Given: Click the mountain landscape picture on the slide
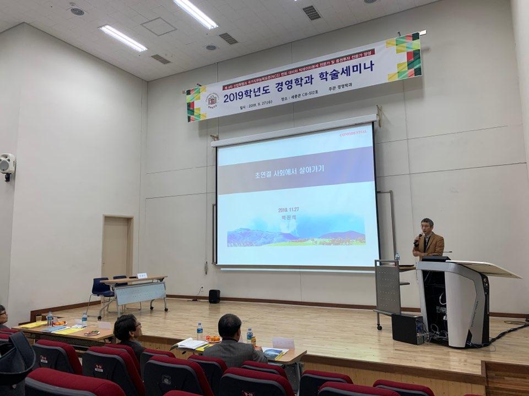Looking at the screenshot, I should (296, 234).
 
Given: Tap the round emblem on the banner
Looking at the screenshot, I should (212, 100).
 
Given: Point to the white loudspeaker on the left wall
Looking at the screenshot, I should (7, 164).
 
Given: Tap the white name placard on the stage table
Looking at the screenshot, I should (142, 275).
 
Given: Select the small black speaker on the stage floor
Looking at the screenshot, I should (214, 296).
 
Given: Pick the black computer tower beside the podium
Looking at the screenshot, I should (407, 328).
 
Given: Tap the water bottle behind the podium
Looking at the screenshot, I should (397, 257).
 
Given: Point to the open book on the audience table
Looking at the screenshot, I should (191, 344).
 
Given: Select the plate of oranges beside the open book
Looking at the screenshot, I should (213, 339).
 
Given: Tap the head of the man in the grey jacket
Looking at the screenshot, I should (230, 327).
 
